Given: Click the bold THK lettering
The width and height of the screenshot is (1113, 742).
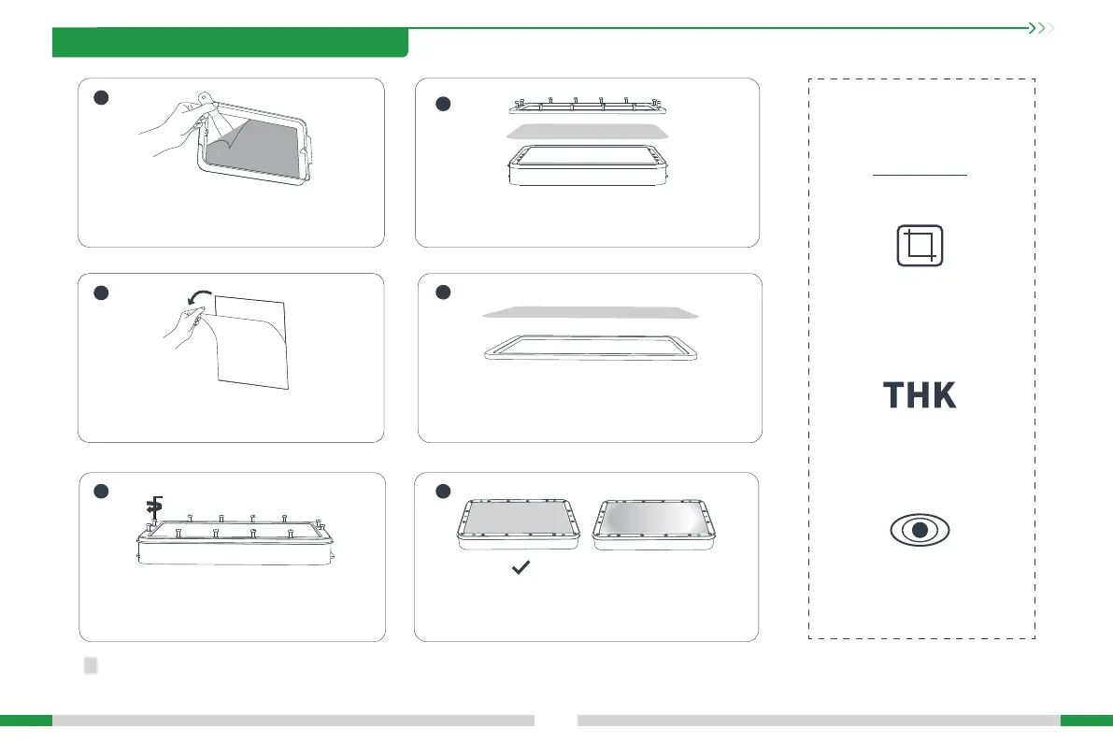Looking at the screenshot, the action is pos(920,395).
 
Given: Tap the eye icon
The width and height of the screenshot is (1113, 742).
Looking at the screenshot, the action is pos(920,530).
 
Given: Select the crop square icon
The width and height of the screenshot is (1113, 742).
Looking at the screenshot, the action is pos(920,247).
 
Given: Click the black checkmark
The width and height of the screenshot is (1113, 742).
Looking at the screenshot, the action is pos(522,567).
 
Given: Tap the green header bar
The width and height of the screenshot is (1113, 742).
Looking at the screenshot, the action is pos(230,43).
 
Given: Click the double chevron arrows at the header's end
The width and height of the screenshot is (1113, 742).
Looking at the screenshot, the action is pos(1040,28).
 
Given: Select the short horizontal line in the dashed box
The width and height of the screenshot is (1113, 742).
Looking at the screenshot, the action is pos(920,175).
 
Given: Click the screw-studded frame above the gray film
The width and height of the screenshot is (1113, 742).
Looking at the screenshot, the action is pos(589,103).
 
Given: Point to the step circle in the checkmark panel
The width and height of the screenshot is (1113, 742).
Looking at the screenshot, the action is pos(445,492).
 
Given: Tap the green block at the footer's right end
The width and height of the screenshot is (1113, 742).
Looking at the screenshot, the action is pos(1086,721).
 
